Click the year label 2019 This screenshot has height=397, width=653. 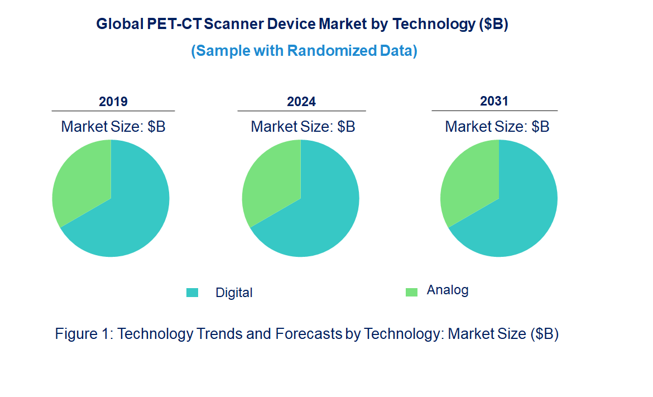pyautogui.click(x=113, y=102)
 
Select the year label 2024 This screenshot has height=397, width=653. pyautogui.click(x=301, y=102)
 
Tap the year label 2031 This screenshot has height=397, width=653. pyautogui.click(x=494, y=101)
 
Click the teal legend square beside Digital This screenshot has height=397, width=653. pyautogui.click(x=192, y=293)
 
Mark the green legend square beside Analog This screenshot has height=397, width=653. pyautogui.click(x=411, y=292)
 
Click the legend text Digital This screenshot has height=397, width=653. pyautogui.click(x=234, y=293)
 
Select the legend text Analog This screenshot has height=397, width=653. pyautogui.click(x=448, y=290)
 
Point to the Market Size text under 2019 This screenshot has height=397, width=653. pyautogui.click(x=113, y=127)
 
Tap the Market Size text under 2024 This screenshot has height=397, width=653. pyautogui.click(x=303, y=127)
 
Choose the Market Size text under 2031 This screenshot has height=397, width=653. pyautogui.click(x=497, y=127)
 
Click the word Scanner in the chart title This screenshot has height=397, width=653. pyautogui.click(x=234, y=25)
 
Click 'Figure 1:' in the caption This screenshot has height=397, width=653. pyautogui.click(x=84, y=334)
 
